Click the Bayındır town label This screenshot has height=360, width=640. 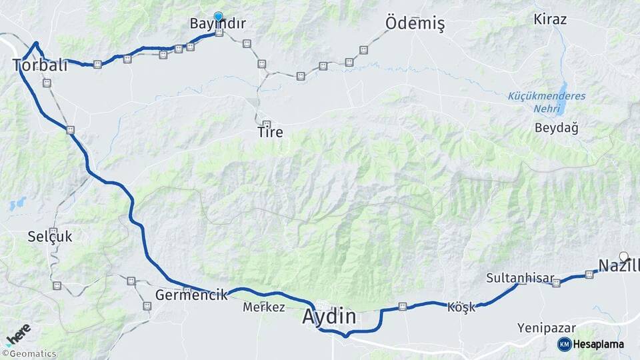pos(217,24)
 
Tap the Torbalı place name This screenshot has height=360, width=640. pos(40,65)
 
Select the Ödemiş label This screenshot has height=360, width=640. pos(415,24)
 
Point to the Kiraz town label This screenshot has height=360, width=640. pos(550,19)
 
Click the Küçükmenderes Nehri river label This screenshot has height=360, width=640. pos(547,101)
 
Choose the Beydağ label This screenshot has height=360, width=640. pos(556,127)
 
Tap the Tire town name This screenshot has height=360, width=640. pos(270,133)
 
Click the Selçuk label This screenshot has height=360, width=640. pos(50,236)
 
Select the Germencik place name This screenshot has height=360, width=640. pos(191,294)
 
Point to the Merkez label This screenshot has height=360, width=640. pos(264,307)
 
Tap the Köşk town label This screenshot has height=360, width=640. pos(461,307)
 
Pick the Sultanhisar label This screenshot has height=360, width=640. pos(511,277)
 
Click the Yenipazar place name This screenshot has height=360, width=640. pos(546,328)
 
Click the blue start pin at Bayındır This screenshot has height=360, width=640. pos(218,17)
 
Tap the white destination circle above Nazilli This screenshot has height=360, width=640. pos(624,256)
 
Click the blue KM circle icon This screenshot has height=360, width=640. pos(564,344)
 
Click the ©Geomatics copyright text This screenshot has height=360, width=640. pos(29,354)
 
